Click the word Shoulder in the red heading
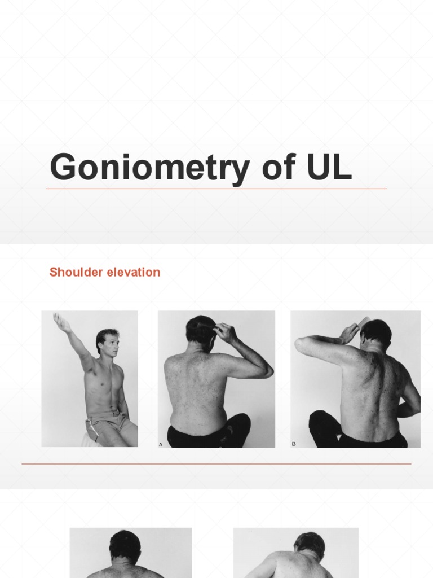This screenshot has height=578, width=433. [x=73, y=272]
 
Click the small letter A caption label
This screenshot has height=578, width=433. [x=161, y=445]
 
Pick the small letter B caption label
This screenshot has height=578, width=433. [x=294, y=444]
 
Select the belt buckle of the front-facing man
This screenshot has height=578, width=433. [x=115, y=414]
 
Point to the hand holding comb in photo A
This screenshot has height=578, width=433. [x=224, y=331]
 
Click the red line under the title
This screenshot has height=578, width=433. [x=216, y=189]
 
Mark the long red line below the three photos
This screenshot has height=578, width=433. [x=216, y=464]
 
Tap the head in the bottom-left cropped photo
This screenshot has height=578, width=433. [x=125, y=545]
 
